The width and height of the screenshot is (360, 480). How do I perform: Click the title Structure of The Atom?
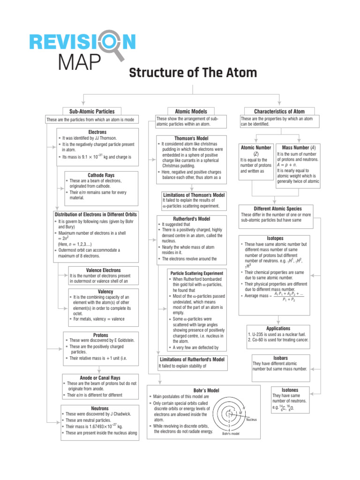point(193,73)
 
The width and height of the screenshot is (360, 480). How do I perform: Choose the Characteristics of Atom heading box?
point(279,112)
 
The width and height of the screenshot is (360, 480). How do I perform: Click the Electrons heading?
point(97,132)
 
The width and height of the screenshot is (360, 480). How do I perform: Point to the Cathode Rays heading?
point(101,175)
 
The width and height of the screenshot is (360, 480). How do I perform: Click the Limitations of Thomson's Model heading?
point(194,195)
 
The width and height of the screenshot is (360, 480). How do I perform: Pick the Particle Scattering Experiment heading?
point(197,273)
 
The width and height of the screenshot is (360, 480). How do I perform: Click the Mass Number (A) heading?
point(299,148)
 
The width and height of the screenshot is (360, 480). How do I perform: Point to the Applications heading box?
point(278,329)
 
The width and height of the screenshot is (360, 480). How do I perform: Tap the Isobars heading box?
point(280,358)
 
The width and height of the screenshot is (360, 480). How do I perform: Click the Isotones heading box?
point(290,390)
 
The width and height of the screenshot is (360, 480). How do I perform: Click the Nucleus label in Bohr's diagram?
point(251,420)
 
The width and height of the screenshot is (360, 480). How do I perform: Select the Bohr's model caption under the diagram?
point(231,434)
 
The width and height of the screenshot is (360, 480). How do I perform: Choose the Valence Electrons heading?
point(104,270)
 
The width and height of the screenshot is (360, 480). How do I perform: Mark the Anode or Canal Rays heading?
point(100,377)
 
